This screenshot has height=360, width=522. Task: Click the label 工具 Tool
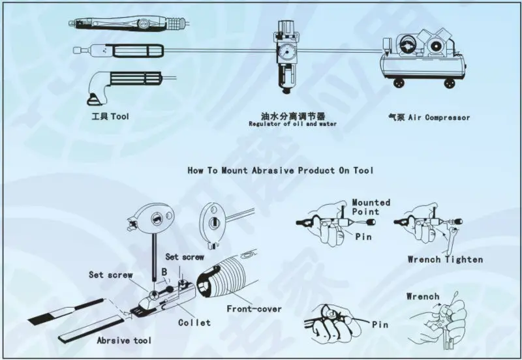click(110, 117)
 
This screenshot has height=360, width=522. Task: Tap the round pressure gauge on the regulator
click(285, 52)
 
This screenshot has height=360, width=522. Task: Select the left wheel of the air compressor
click(398, 83)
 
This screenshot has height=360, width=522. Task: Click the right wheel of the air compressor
click(450, 83)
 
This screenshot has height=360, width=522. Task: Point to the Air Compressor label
click(429, 117)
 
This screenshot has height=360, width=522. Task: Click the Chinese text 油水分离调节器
click(292, 116)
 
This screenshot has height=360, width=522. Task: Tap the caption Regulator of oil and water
click(292, 124)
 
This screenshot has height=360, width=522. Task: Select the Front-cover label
click(254, 308)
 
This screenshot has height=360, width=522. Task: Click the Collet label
click(194, 322)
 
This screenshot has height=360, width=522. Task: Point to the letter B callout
click(164, 272)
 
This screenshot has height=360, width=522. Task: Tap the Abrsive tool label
click(124, 340)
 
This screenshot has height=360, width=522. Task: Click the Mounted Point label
click(371, 207)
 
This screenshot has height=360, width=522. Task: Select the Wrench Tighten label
click(445, 259)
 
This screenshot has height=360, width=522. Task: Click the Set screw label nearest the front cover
click(185, 257)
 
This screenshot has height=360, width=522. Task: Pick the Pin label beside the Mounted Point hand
click(363, 237)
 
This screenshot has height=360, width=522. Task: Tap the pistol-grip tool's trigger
click(93, 99)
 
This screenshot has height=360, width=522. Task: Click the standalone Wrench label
click(423, 296)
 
